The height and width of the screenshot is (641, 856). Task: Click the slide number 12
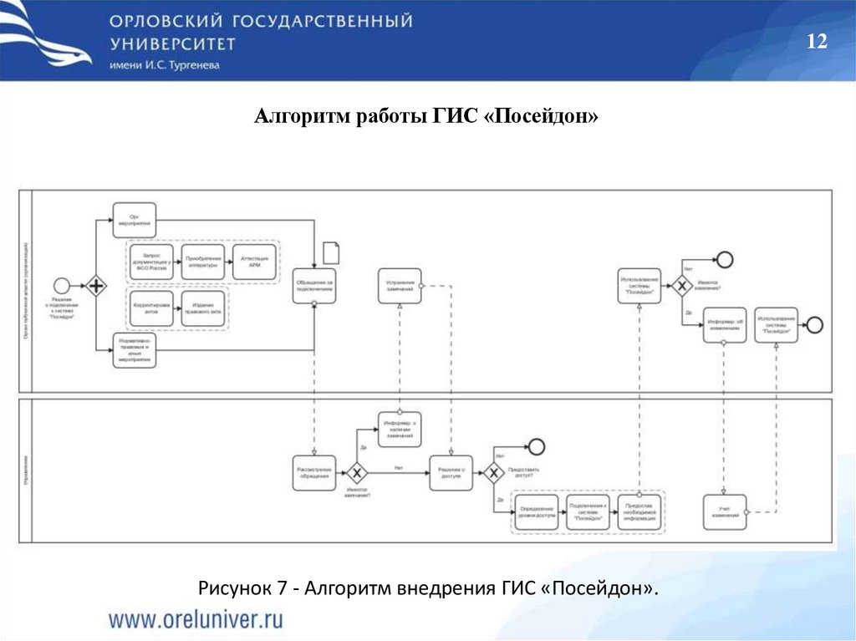(x=817, y=43)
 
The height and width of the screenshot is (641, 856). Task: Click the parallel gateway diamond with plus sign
(x=96, y=286)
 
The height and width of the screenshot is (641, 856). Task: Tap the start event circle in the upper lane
(x=61, y=286)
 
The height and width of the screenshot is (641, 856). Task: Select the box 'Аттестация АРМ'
(x=255, y=262)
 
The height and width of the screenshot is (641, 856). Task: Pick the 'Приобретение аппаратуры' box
(x=203, y=262)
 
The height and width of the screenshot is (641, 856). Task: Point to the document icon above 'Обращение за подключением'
(x=331, y=252)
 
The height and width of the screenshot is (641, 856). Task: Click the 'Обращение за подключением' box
(x=315, y=286)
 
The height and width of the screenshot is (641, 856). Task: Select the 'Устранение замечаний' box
(x=400, y=286)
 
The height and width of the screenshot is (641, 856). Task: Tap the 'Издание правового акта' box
(x=203, y=308)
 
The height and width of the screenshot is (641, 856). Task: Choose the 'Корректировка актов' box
(x=151, y=308)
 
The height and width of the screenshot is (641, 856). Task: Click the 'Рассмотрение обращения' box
(x=315, y=473)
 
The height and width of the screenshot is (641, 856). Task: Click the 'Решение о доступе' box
(x=451, y=473)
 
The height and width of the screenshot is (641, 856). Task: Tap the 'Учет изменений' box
(x=725, y=511)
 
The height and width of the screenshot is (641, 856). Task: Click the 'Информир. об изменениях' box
(x=725, y=325)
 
